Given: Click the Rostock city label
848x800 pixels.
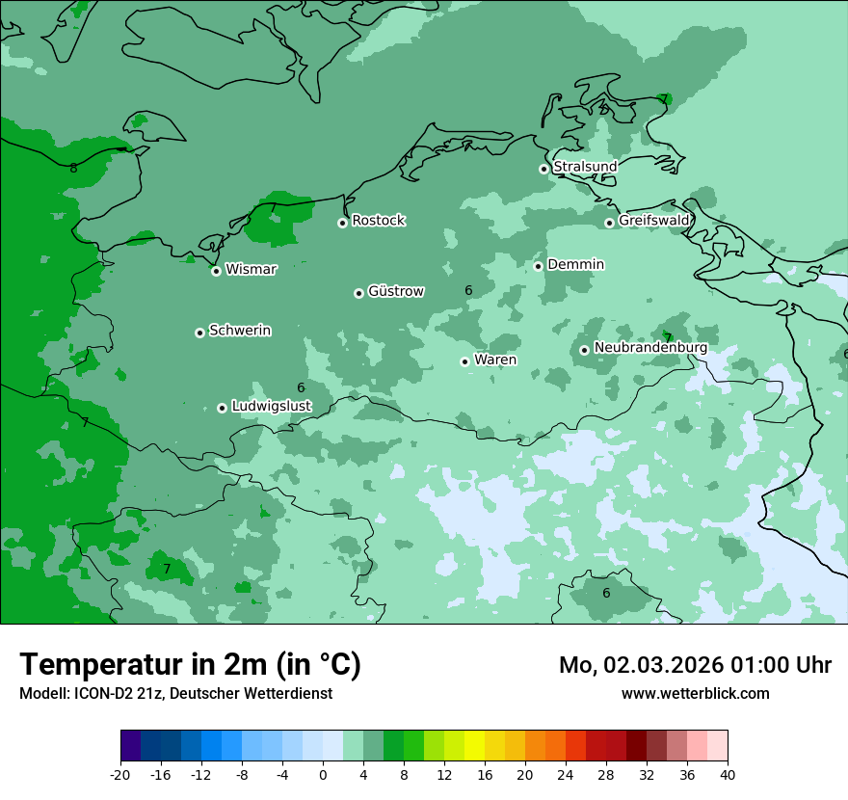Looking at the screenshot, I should pos(378,221).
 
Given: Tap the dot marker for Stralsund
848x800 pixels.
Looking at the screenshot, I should pos(543,169).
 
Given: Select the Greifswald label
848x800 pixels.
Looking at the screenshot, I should pos(653,221).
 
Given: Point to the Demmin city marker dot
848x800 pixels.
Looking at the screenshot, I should pos(538,266).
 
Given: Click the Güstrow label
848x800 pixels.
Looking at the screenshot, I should pos(395,291).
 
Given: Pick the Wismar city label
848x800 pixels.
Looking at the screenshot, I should pos(251,270).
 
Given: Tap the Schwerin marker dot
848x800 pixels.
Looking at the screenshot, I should pos(199,333).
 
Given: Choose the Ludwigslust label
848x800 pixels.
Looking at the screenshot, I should pos(271,407).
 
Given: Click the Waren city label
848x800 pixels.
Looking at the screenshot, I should pos(494,360).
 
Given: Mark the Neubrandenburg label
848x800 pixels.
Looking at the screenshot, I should pos(650,348).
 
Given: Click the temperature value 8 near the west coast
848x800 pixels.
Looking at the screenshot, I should pos(73,169).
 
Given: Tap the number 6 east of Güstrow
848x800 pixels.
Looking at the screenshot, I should pos(468,290).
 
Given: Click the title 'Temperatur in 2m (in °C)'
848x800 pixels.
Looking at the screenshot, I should pos(190,665).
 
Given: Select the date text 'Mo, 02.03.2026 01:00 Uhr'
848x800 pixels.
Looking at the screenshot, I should pos(695,665).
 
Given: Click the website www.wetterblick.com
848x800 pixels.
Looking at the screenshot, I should pos(695,693).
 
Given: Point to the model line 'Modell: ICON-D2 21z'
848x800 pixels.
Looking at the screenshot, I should pos(175,693).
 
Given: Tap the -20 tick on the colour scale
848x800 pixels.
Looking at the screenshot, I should pos(120,775).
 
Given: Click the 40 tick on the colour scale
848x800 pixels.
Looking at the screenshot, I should pos(728,775).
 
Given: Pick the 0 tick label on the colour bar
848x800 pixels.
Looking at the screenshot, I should pos(323,775).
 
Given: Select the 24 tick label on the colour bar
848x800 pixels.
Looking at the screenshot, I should pos(566,775).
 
